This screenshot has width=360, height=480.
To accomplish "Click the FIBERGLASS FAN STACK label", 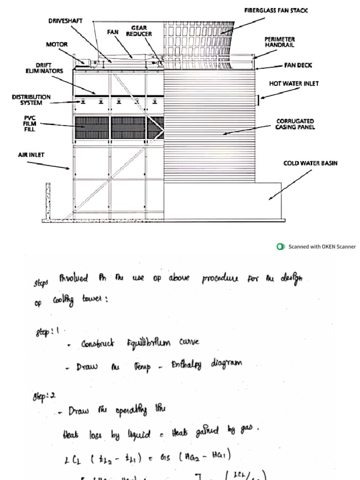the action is pyautogui.click(x=276, y=10).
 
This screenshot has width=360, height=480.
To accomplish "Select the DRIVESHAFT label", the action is pyautogui.click(x=66, y=21).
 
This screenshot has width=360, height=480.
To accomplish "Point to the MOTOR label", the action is pyautogui.click(x=57, y=45).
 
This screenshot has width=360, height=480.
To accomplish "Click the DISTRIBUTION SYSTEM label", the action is pyautogui.click(x=31, y=100).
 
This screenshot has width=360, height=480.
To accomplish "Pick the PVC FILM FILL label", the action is pyautogui.click(x=30, y=124).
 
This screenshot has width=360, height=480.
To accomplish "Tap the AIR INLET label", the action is pyautogui.click(x=31, y=154).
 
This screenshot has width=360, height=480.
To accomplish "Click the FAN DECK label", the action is pyautogui.click(x=298, y=65).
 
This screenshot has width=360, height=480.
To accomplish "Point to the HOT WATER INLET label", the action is pyautogui.click(x=293, y=83).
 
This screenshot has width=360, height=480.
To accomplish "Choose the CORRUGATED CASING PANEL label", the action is pyautogui.click(x=295, y=124).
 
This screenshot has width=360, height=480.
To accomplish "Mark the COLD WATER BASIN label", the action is pyautogui.click(x=310, y=163).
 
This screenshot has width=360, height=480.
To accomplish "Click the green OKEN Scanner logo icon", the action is pyautogui.click(x=281, y=247).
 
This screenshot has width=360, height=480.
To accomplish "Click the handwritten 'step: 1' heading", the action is pyautogui.click(x=46, y=332).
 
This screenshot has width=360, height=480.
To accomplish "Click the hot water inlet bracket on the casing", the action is pyautogui.click(x=258, y=98).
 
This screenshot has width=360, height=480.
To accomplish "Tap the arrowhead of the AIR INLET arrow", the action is pyautogui.click(x=68, y=168).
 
